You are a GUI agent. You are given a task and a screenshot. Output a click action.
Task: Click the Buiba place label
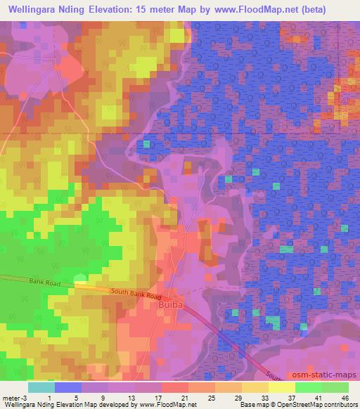coord(167,306)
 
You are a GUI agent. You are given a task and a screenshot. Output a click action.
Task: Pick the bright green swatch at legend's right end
coord(335,387)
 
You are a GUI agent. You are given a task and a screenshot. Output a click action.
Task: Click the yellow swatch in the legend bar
coord(281,387)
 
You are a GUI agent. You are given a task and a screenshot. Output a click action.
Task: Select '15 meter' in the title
coord(174,8)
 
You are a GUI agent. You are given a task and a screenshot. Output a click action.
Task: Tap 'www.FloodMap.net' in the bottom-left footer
coord(167,405)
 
